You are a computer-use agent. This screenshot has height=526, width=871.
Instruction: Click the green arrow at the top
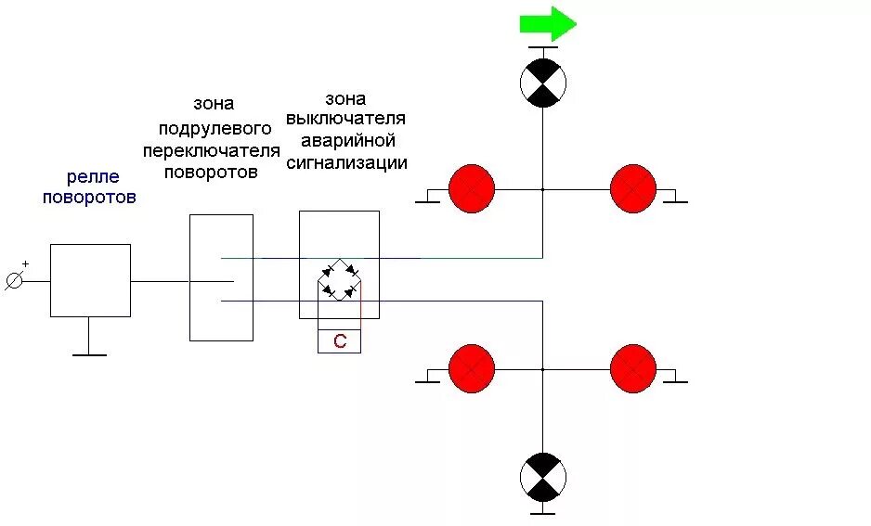(547, 23)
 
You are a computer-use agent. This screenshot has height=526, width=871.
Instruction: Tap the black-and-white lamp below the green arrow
(542, 83)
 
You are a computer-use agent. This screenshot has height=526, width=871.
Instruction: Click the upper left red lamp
(472, 189)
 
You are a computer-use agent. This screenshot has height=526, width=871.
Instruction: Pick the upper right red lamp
(633, 189)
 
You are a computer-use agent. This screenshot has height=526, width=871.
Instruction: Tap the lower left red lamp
(472, 369)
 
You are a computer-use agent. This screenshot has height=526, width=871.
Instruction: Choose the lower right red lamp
(633, 369)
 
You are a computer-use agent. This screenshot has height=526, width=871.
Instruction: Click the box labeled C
(339, 341)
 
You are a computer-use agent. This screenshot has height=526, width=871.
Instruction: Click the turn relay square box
(90, 280)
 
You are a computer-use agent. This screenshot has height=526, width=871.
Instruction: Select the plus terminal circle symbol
(14, 280)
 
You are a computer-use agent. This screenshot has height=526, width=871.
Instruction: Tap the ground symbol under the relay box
(89, 353)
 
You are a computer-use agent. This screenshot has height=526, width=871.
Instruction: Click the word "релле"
(92, 176)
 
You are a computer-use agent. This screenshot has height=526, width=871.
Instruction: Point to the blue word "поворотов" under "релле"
(89, 197)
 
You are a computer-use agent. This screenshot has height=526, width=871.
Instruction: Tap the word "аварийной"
(345, 141)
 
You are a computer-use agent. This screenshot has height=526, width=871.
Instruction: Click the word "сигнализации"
(346, 163)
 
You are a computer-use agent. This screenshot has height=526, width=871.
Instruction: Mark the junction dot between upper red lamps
(542, 189)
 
